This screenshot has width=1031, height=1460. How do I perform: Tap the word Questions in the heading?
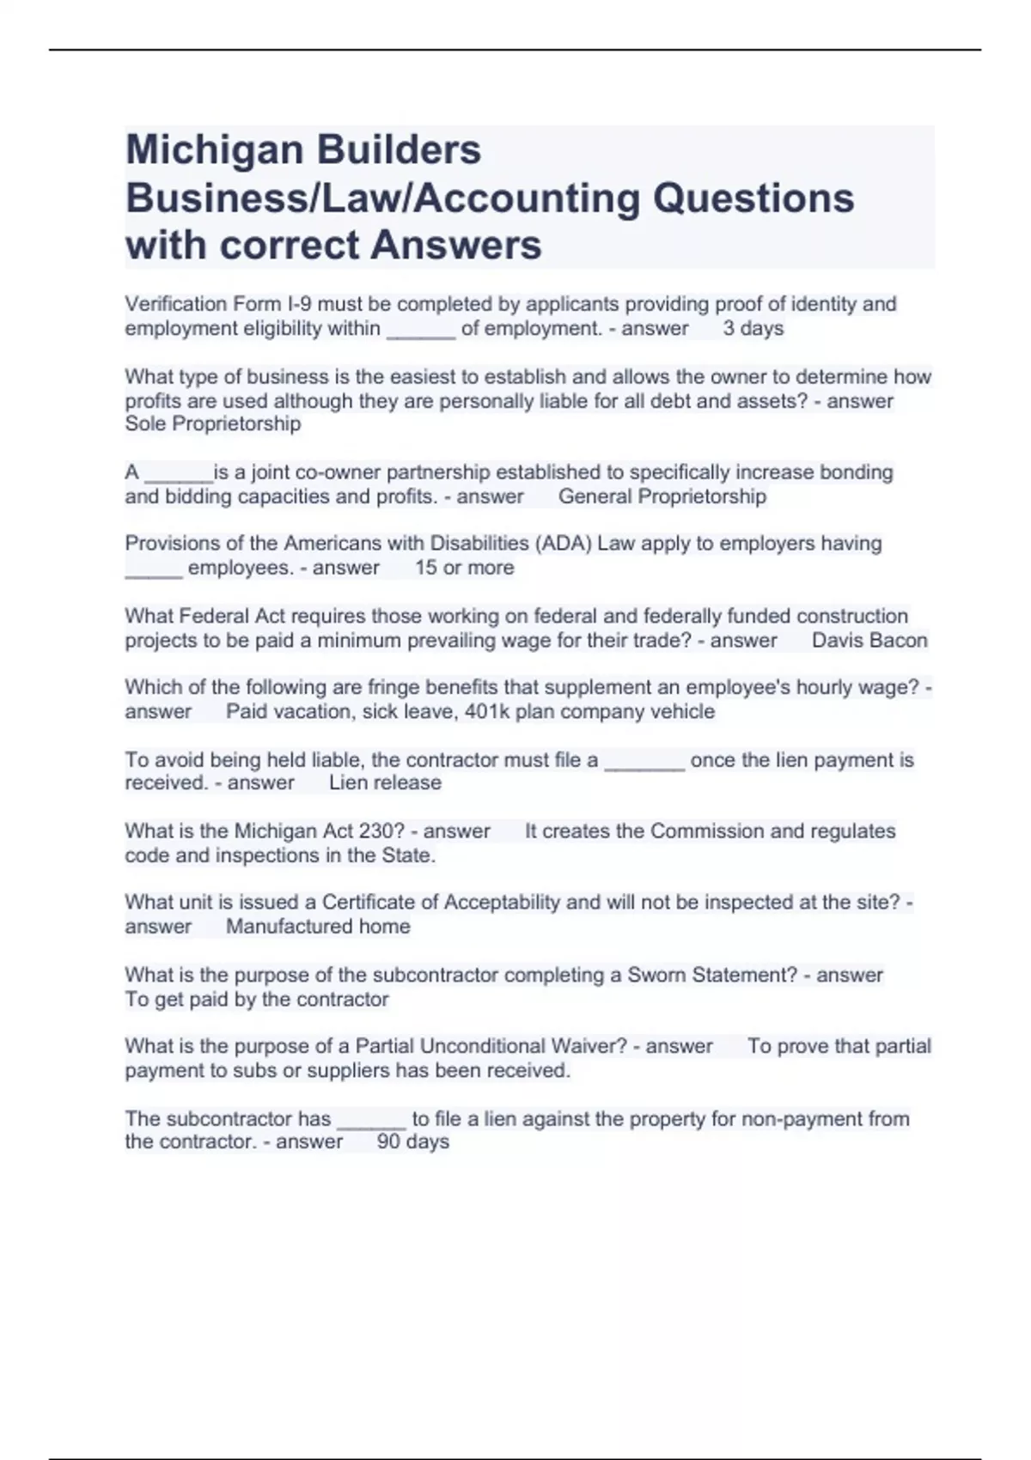(753, 198)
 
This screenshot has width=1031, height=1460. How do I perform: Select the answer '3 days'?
(753, 328)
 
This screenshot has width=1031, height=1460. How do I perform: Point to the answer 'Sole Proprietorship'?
(213, 424)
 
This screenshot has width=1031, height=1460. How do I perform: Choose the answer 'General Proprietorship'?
(662, 496)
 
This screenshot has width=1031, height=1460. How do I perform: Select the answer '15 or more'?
(464, 568)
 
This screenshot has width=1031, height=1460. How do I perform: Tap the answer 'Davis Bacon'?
(869, 641)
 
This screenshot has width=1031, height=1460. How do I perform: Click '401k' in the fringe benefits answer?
(486, 712)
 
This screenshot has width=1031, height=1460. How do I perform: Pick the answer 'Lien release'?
(385, 783)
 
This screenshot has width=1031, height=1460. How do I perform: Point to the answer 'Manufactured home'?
(318, 927)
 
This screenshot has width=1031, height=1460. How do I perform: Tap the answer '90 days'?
(412, 1142)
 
